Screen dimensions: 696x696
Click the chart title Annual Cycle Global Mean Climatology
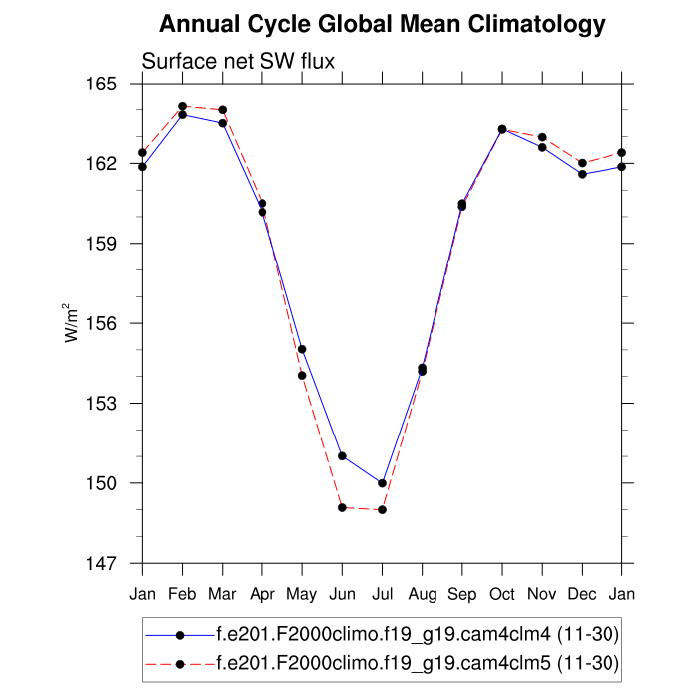coord(382,23)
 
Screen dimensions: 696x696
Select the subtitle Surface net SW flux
coord(239,61)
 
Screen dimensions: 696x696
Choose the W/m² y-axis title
coord(73,322)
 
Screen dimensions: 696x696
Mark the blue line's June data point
coord(342,456)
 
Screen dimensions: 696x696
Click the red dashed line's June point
coord(342,508)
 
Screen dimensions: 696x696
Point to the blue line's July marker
coord(382,483)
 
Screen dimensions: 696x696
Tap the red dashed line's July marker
coord(382,510)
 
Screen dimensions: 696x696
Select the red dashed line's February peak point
coord(182,106)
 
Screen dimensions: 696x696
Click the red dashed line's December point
coord(582,163)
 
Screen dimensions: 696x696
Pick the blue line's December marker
coord(582,174)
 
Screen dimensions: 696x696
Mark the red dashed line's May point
coord(302,375)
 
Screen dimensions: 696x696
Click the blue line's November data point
coord(542,147)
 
